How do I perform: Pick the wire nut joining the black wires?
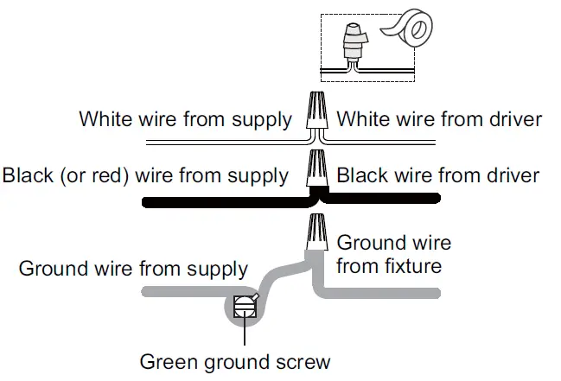pos(317,168)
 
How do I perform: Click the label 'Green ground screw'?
pos(235,360)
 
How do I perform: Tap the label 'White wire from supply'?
pos(185,119)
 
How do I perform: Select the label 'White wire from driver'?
pos(439,119)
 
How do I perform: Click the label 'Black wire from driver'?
pos(437,176)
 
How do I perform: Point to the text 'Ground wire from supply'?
pos(133,269)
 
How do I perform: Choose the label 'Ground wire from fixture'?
pos(393,254)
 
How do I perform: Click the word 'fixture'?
pos(413,265)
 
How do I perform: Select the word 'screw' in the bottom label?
pos(304,360)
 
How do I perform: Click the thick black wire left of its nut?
pos(216,203)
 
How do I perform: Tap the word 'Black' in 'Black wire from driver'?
pos(362,176)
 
